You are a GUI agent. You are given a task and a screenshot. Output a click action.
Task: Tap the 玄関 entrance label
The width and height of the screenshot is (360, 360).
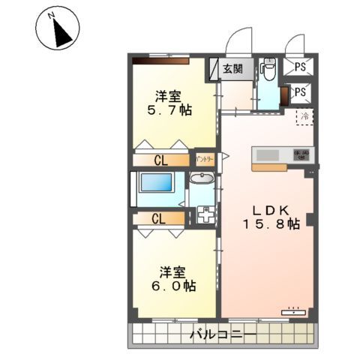click(232, 69)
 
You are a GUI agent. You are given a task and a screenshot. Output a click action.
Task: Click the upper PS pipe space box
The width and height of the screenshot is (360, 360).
click(300, 67)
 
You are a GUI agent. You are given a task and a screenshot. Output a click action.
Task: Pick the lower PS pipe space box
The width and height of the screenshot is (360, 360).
click(300, 92)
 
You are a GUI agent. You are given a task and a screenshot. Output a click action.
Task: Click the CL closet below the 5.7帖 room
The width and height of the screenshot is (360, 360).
click(160, 159)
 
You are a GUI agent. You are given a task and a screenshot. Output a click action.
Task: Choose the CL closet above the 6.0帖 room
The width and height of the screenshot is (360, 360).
click(158, 219)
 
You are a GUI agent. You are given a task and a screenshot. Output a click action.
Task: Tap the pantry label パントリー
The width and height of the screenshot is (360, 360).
click(205, 159)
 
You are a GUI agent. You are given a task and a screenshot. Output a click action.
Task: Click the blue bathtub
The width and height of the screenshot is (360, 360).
click(157, 184)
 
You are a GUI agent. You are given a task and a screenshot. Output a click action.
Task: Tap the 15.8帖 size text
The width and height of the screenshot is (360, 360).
click(270, 223)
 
